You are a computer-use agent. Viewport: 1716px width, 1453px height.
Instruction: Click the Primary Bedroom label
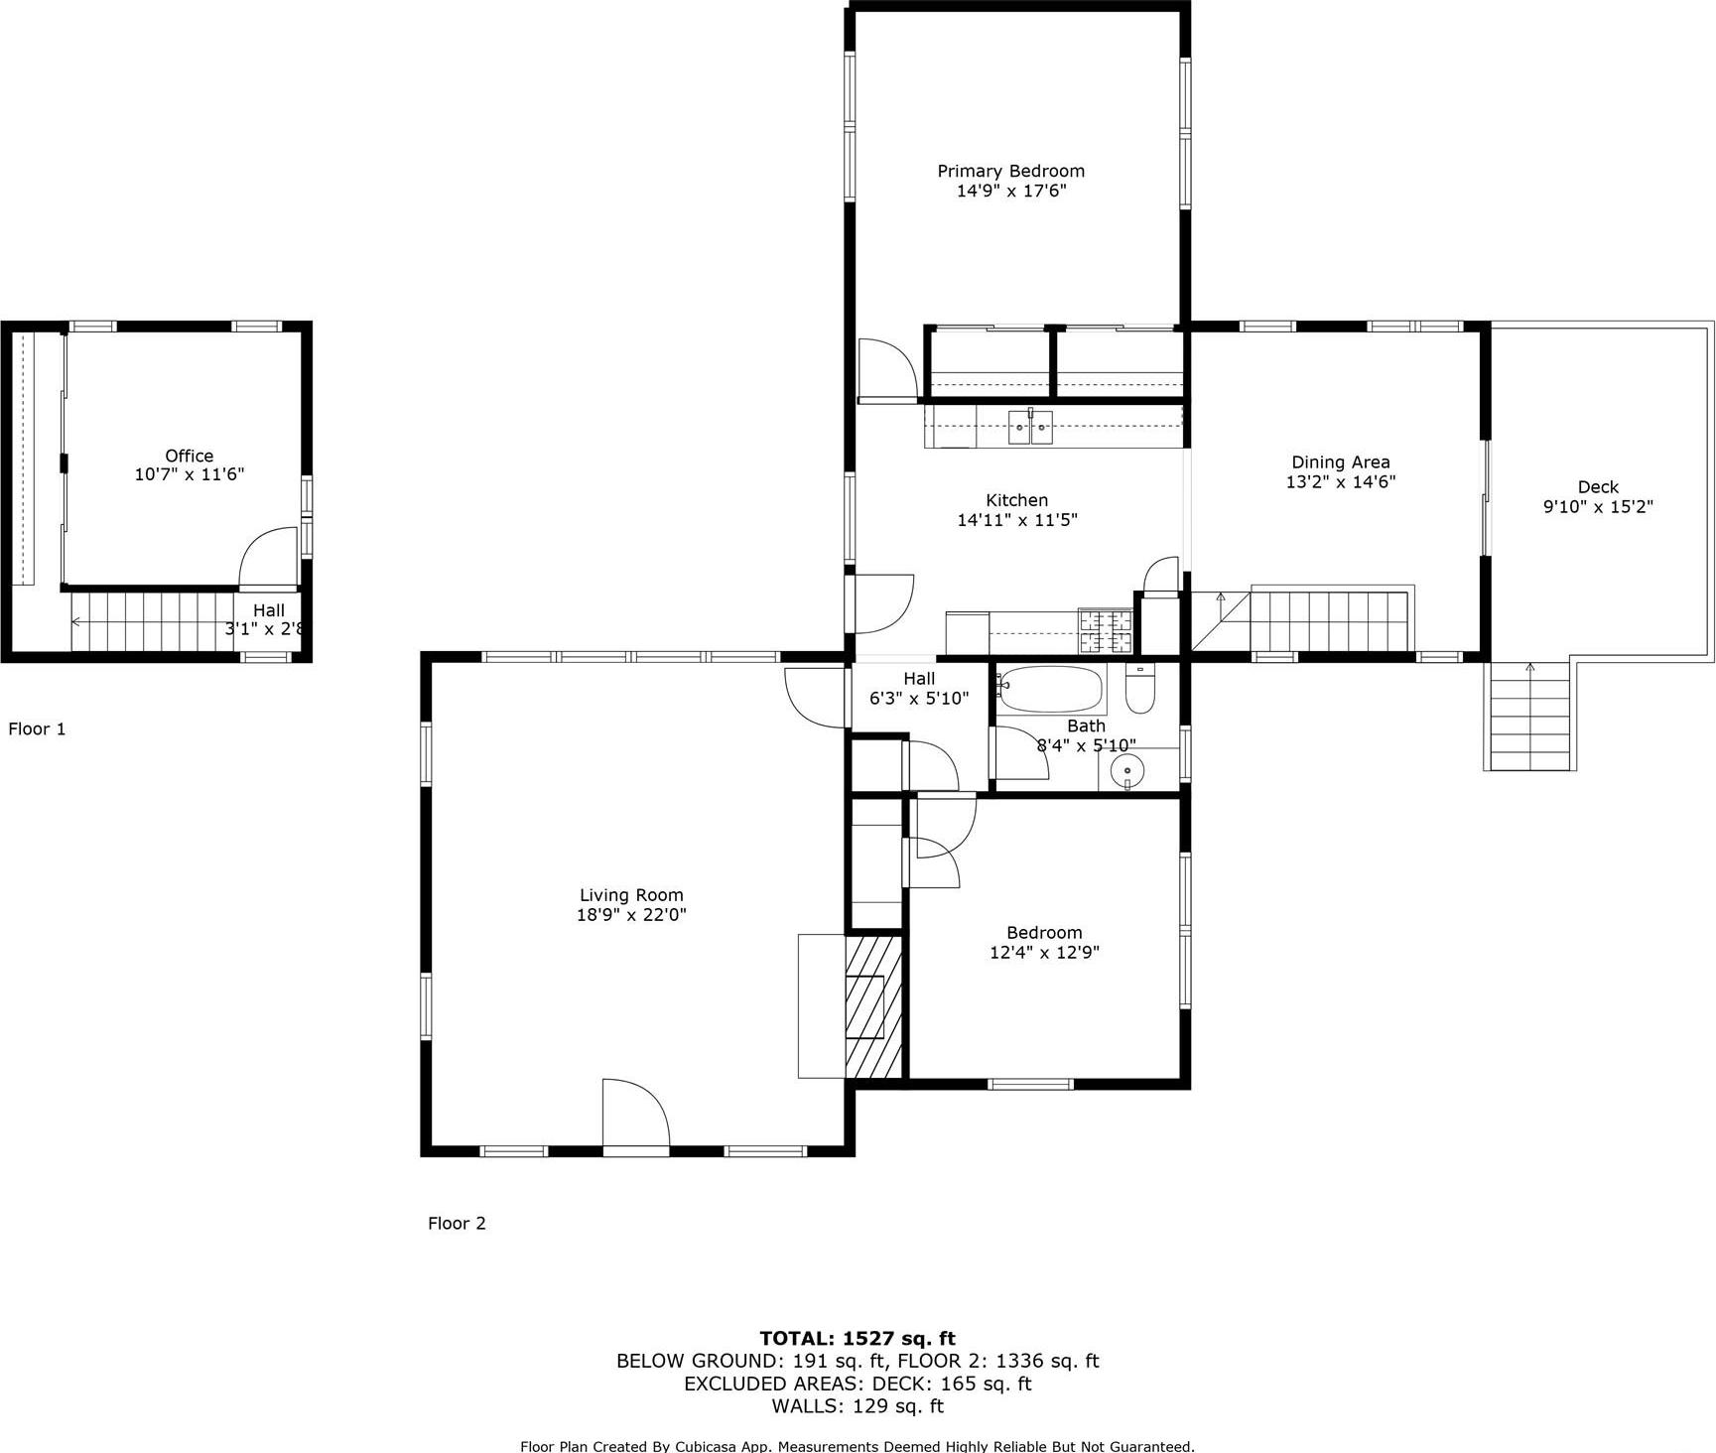(1010, 172)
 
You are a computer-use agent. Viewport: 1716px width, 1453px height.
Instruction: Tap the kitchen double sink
(1030, 427)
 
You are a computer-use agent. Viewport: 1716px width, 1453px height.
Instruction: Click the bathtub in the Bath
(1051, 689)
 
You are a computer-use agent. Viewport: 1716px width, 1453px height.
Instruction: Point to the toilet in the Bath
(1140, 690)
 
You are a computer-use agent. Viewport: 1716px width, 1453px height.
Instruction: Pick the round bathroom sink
(1126, 769)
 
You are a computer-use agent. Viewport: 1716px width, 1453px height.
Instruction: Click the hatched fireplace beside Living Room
(872, 1006)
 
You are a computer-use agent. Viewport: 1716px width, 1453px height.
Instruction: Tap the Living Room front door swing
(635, 1114)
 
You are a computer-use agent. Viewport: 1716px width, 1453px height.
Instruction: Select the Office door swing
(270, 558)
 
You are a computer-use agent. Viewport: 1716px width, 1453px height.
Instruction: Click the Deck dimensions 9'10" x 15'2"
(1597, 506)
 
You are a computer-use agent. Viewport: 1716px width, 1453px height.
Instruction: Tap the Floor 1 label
(37, 728)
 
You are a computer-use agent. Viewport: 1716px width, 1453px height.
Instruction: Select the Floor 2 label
(457, 1223)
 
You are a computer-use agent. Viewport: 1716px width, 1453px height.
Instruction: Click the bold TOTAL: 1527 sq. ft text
(857, 1338)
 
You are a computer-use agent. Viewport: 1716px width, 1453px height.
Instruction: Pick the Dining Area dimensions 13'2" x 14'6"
(1340, 481)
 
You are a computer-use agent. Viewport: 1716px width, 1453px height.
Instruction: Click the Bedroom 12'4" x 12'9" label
(1044, 942)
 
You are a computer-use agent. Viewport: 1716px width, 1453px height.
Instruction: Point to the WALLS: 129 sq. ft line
(857, 1405)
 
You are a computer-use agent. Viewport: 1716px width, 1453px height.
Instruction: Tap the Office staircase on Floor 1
(149, 621)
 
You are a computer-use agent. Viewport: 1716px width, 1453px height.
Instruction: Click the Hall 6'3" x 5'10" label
(918, 689)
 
